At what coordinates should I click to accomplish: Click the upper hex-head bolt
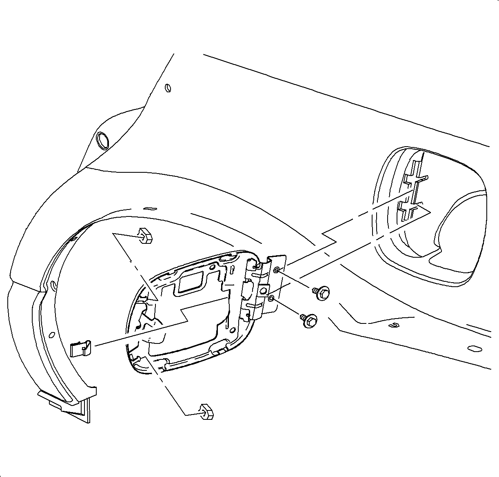pos(322,292)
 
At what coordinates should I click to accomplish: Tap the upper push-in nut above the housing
pos(145,235)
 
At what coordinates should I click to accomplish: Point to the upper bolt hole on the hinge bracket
pos(277,270)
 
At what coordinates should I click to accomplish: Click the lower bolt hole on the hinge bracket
pos(271,299)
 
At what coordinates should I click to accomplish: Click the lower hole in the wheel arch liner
pos(52,335)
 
